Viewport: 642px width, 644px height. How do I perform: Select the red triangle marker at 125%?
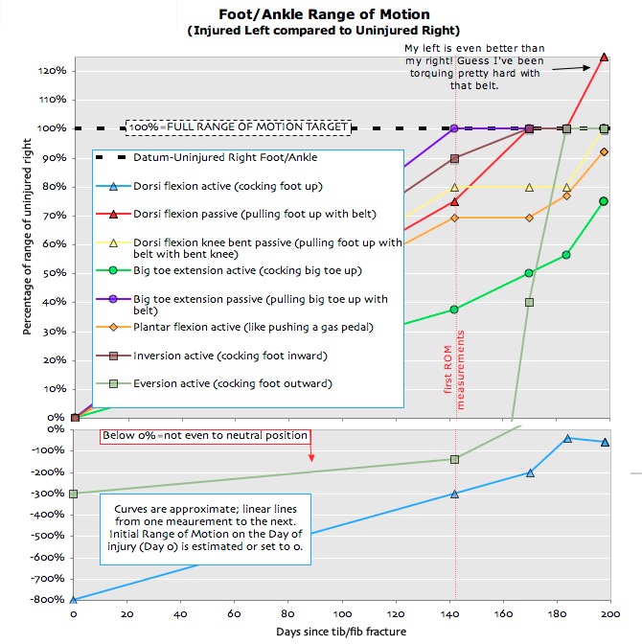[604, 57]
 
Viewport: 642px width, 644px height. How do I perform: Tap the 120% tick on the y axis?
[52, 71]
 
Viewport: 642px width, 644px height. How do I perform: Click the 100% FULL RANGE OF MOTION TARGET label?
[239, 126]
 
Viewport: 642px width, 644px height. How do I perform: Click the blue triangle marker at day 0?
[74, 600]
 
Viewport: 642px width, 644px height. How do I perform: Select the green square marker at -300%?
[74, 494]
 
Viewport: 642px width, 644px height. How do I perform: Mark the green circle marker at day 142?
[454, 310]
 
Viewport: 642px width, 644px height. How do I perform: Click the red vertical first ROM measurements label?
[466, 370]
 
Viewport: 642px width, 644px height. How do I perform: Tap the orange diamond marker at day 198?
[604, 151]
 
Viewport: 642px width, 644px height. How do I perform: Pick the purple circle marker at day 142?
[454, 128]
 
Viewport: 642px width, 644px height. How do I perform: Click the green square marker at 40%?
[529, 302]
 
